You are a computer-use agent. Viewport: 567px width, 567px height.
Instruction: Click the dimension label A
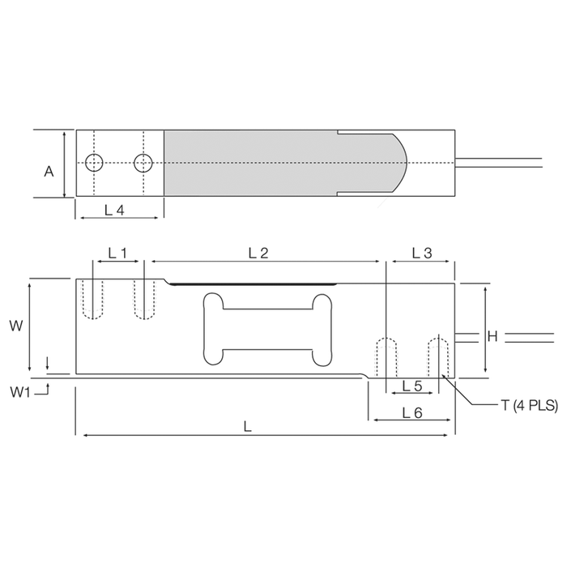(49, 172)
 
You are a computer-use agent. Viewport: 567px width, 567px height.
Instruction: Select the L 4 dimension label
(114, 210)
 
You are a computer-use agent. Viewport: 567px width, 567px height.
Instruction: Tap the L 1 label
(118, 253)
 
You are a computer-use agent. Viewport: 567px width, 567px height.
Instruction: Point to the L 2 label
(258, 253)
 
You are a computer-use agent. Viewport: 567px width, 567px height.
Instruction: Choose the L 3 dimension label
(422, 253)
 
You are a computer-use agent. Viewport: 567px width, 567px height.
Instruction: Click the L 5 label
(412, 386)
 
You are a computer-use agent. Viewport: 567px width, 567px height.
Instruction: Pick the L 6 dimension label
(412, 412)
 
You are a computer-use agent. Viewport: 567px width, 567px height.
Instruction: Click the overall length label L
(247, 427)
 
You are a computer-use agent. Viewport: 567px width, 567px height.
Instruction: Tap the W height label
(16, 326)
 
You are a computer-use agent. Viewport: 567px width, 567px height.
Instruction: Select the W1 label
(20, 391)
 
